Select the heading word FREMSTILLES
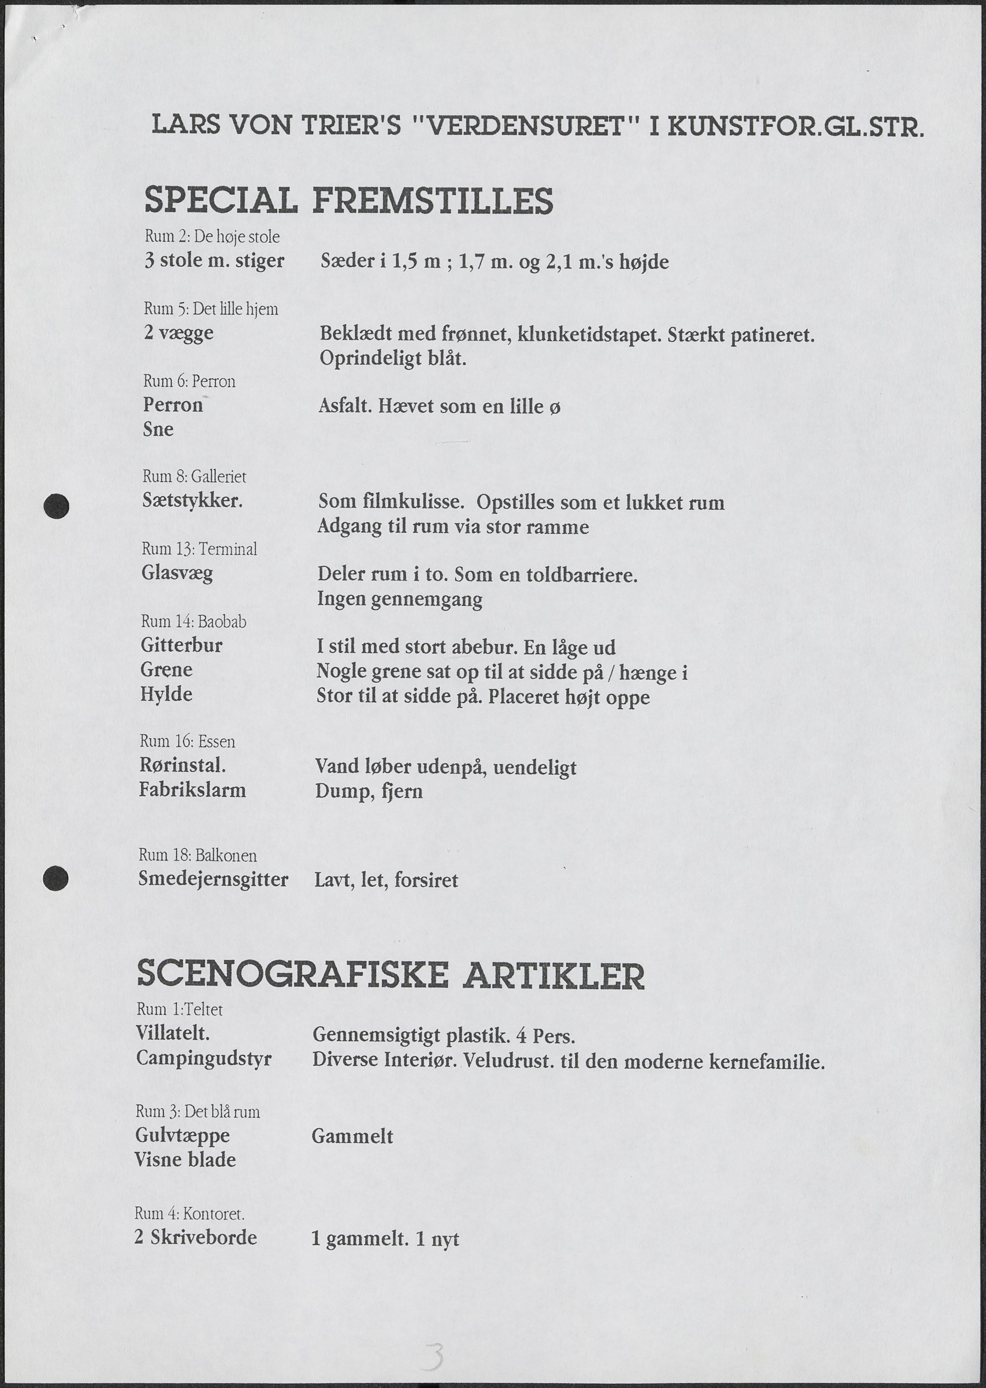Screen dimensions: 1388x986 432,201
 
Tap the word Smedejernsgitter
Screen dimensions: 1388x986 213,879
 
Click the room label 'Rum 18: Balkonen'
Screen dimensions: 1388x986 197,856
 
